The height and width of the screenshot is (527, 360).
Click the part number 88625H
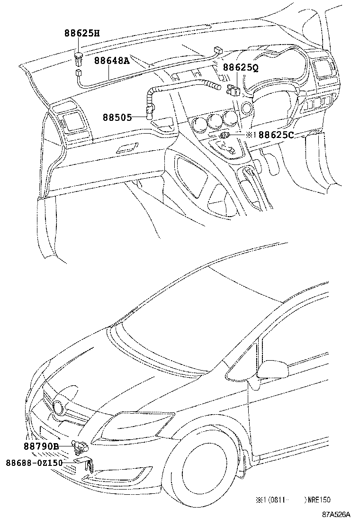[82, 33]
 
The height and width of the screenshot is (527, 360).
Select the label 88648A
[112, 61]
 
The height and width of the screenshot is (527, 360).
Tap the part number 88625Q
[241, 68]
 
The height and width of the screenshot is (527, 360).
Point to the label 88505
[117, 118]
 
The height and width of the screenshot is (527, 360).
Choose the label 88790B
[41, 446]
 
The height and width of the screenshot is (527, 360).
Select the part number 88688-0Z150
[34, 463]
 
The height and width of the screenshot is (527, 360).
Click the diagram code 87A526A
[336, 515]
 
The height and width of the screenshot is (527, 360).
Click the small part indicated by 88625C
[225, 136]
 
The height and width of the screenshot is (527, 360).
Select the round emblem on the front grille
[58, 407]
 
